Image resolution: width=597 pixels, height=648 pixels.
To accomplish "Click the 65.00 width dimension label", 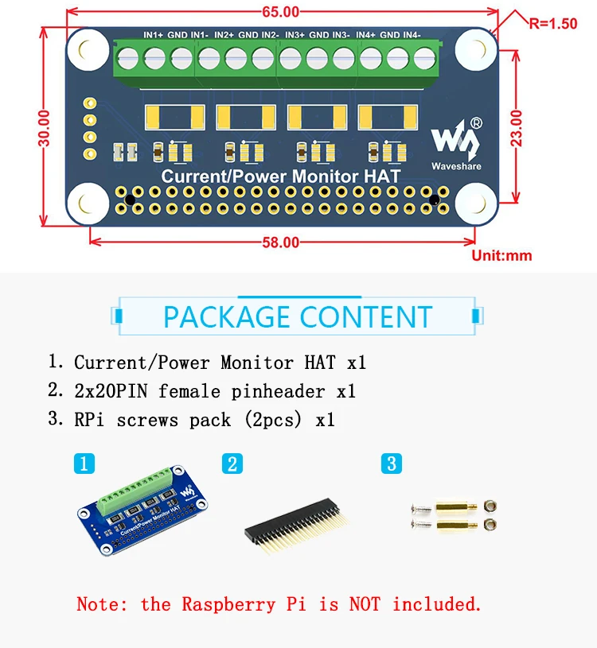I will [x=280, y=11].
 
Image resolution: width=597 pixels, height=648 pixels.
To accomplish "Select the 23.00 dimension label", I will [x=517, y=126].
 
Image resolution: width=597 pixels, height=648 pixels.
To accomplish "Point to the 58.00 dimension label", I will [x=280, y=243].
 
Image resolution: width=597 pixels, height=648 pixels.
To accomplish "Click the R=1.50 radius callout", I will [x=552, y=23].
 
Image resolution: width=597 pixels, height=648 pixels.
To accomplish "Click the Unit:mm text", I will [x=501, y=256].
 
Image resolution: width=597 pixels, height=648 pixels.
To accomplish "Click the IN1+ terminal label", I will [x=153, y=35].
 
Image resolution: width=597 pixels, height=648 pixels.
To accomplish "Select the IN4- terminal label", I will [x=412, y=35].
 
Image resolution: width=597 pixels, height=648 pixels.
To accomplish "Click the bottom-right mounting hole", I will [x=476, y=204].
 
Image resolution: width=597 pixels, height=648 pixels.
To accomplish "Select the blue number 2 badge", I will [x=232, y=464].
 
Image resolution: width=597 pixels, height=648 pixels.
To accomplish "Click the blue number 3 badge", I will [x=391, y=464].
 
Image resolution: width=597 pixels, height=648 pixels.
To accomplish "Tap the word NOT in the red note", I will [x=365, y=604].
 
